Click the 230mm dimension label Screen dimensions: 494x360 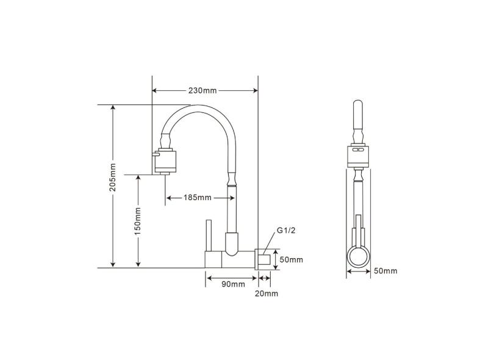point(202,91)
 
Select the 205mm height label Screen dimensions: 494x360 point(112,177)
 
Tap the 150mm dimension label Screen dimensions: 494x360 point(138,221)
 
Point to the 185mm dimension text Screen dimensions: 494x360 point(197,198)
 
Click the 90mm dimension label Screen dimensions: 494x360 point(233,284)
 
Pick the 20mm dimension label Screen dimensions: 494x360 point(267,293)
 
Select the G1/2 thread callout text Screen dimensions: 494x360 point(286,231)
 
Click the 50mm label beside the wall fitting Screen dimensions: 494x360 point(292,260)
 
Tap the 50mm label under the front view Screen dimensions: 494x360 point(385,271)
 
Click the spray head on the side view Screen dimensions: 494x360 point(165,162)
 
